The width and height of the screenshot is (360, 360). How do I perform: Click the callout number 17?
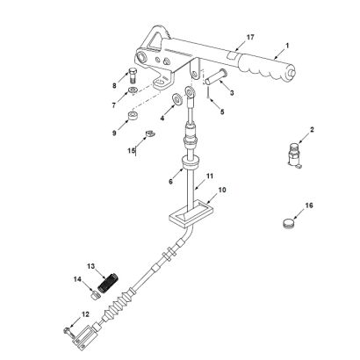250,38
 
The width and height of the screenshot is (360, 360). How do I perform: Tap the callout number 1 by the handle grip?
287,46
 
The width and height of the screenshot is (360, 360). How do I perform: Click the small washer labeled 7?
133,90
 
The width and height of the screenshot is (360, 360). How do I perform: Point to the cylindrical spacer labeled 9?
133,115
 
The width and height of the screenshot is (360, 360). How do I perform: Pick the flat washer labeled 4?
176,98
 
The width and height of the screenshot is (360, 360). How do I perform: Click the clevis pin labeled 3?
216,76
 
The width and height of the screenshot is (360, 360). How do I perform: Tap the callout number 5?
222,112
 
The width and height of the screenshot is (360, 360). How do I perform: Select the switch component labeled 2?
294,155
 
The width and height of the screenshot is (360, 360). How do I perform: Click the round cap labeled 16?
289,224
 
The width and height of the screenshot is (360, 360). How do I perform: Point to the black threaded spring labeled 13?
107,282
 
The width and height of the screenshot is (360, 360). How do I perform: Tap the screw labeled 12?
67,331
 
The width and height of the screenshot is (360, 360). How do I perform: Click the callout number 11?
210,176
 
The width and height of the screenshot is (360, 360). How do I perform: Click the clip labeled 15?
150,133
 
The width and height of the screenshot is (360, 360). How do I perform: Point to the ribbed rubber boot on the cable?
116,305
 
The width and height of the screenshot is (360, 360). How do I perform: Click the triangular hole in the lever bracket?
155,40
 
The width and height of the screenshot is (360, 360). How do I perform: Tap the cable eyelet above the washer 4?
190,91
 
